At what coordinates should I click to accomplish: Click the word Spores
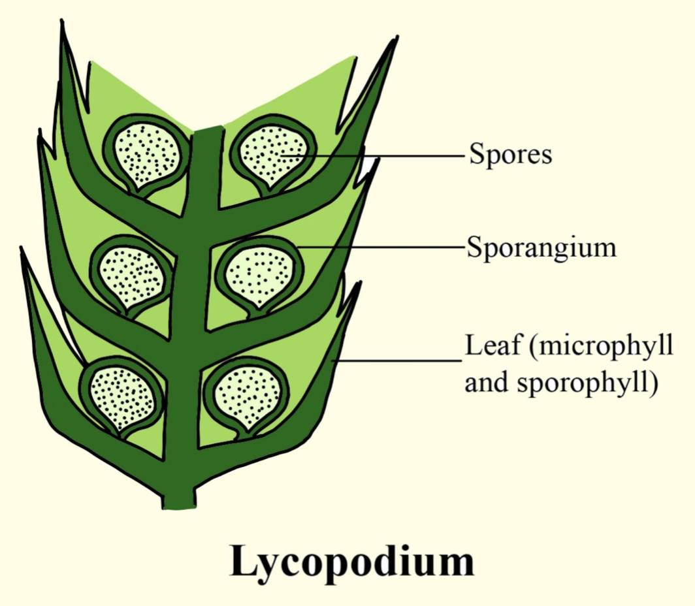(x=511, y=154)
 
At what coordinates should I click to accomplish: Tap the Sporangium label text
(x=541, y=248)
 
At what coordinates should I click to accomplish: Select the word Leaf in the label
(x=493, y=345)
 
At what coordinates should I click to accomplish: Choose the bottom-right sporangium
(x=247, y=396)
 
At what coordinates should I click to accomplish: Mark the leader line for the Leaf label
(x=397, y=360)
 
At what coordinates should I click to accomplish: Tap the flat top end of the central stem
(x=208, y=129)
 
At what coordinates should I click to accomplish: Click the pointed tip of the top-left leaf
(x=61, y=20)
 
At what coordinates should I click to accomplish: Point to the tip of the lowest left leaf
(x=21, y=248)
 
